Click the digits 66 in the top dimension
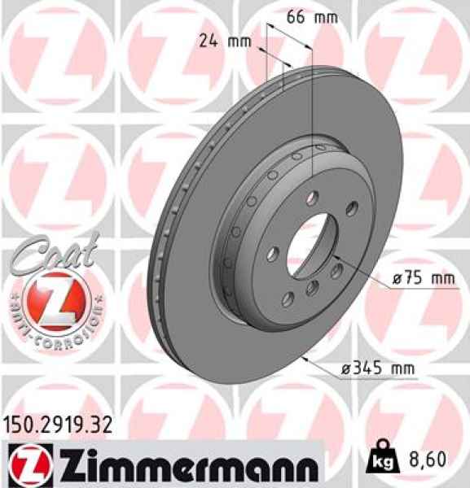click(297, 15)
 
